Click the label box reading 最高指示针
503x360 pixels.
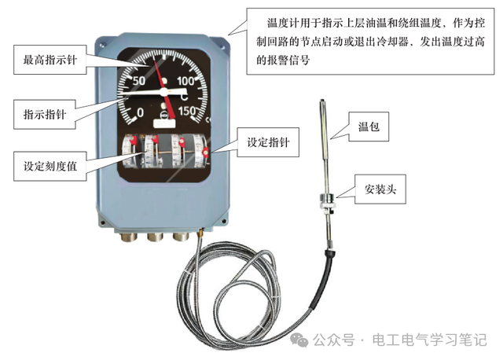pos(50,60)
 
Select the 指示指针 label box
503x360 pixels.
pos(45,114)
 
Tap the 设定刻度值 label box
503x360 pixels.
pos(50,166)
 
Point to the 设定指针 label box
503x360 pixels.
pos(268,142)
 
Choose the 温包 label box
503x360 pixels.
pos(369,127)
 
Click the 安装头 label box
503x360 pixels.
pos(380,189)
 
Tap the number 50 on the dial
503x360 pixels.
pos(139,81)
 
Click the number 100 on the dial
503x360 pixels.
pos(185,81)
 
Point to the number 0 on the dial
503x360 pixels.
pos(140,112)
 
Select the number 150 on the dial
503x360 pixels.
pos(187,111)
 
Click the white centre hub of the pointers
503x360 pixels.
pos(164,92)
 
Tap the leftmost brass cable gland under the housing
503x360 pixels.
pos(129,237)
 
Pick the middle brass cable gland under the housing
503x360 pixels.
pos(155,237)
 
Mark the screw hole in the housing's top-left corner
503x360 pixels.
pos(102,46)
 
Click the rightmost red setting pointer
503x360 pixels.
pos(205,152)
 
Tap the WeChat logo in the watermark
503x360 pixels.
pos(299,340)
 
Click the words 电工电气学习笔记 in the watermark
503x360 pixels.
pos(430,340)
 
